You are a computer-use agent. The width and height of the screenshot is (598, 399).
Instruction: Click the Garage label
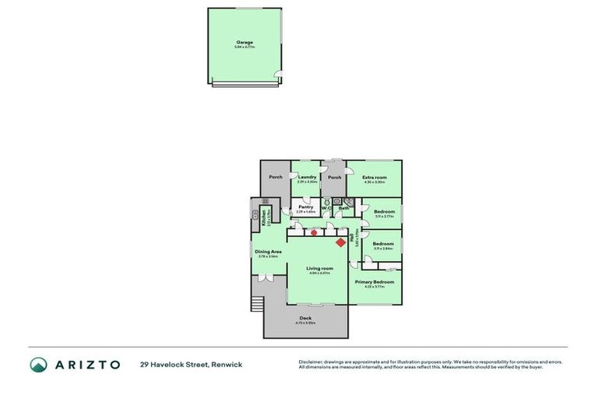pyautogui.click(x=244, y=42)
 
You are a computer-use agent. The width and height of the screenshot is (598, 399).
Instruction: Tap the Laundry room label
pyautogui.click(x=307, y=177)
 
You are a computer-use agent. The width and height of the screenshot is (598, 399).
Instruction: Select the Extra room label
pyautogui.click(x=375, y=178)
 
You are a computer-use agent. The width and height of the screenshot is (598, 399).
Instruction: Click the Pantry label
pyautogui.click(x=305, y=207)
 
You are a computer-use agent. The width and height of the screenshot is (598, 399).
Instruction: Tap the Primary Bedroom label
pyautogui.click(x=375, y=281)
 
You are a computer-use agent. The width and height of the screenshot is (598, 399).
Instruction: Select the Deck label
pyautogui.click(x=304, y=317)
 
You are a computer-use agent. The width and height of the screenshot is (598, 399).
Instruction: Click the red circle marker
pyautogui.click(x=314, y=231)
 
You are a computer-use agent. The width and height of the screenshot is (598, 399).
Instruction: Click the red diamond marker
pyautogui.click(x=340, y=242)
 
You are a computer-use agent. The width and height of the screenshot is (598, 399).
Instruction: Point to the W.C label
pyautogui.click(x=326, y=208)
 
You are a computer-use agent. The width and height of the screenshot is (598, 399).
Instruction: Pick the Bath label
pyautogui.click(x=343, y=208)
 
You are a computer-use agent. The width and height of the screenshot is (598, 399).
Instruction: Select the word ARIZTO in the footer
pyautogui.click(x=86, y=364)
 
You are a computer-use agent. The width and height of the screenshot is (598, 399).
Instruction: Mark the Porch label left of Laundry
pyautogui.click(x=276, y=177)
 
